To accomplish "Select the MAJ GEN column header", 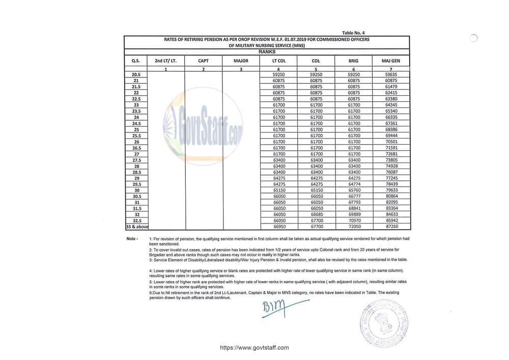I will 391,61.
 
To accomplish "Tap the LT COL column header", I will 279,61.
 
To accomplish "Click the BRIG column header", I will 354,61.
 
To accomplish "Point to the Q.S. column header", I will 136,61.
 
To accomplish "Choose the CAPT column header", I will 203,61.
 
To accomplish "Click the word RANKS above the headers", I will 267,52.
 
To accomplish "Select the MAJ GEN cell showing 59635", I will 391,74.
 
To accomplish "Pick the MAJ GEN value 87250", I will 391,227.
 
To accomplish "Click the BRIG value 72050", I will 354,227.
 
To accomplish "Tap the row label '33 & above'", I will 136,227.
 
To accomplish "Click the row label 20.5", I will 136,74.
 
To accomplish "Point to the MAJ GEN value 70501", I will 391,142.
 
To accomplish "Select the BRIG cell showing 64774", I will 354,184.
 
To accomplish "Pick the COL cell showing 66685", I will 317,214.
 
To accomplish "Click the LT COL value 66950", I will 279,227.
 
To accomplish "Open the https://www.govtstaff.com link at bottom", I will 254,348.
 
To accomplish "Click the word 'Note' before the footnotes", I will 131,239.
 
